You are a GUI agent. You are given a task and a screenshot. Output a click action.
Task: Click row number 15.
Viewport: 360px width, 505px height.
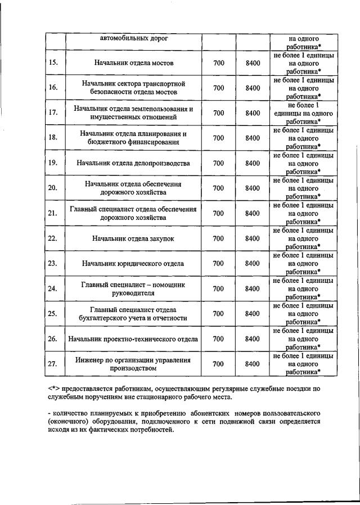click(x=53, y=63)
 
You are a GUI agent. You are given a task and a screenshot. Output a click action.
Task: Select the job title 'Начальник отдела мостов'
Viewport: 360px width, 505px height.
click(x=133, y=63)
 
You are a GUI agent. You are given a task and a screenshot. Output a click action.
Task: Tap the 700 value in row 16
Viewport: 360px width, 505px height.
click(x=219, y=88)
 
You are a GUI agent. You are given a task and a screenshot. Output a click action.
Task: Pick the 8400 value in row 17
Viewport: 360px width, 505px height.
click(x=253, y=112)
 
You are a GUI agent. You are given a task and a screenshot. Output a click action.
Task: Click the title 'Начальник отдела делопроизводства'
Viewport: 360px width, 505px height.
click(x=133, y=163)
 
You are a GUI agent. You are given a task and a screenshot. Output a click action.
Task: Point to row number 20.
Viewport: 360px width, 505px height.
click(x=53, y=188)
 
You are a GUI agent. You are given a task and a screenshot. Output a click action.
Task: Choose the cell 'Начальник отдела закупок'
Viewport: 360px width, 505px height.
click(x=133, y=238)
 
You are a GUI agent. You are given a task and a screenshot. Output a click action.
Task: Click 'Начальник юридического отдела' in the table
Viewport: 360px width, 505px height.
click(x=133, y=263)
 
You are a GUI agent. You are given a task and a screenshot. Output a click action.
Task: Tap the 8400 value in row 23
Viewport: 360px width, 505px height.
click(x=253, y=263)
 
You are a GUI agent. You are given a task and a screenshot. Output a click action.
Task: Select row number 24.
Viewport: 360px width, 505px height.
click(x=53, y=288)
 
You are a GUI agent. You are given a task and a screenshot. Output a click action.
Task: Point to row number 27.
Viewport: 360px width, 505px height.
click(x=53, y=364)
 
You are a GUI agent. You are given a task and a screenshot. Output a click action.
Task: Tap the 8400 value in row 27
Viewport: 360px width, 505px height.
click(x=253, y=364)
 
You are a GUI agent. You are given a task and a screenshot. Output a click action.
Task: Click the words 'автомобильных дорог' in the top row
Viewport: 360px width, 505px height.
click(x=133, y=39)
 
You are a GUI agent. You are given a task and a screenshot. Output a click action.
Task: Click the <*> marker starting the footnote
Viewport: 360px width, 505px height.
click(x=53, y=389)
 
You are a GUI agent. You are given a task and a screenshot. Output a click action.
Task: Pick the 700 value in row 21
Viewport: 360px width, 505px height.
click(x=219, y=213)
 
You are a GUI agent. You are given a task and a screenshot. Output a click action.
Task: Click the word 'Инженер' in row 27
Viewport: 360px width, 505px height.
click(x=90, y=359)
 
